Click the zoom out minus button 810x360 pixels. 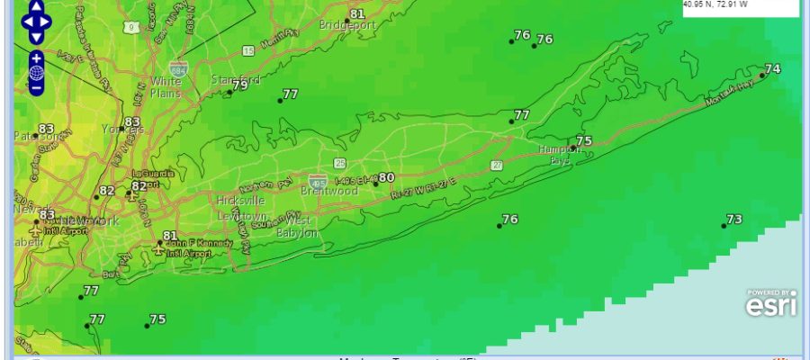(x=36, y=87)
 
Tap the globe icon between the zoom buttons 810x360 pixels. (x=36, y=73)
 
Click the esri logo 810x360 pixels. (x=771, y=304)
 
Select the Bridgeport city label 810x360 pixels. (x=346, y=25)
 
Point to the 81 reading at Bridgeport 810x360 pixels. (x=357, y=13)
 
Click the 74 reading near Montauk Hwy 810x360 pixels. (x=772, y=69)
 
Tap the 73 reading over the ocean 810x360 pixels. (x=734, y=220)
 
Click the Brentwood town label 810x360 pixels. (x=334, y=192)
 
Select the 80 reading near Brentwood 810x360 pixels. (x=386, y=177)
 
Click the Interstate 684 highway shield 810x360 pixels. (x=178, y=68)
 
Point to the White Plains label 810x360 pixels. (x=166, y=88)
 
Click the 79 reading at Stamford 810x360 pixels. (x=239, y=85)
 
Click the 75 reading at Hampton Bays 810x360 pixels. (x=583, y=141)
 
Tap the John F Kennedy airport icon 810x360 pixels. (x=159, y=249)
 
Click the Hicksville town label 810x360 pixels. (x=241, y=201)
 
